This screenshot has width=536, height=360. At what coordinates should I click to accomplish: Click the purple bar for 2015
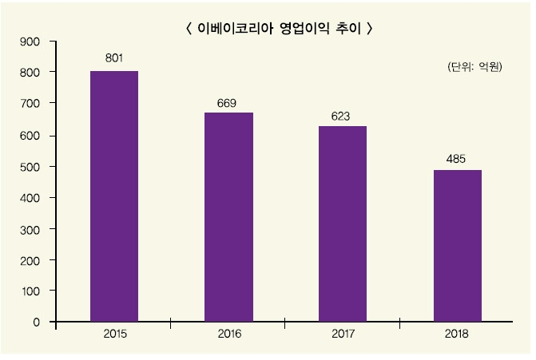114,196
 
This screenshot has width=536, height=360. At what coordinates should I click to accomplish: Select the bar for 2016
228,217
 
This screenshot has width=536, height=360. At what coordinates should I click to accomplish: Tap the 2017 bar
343,224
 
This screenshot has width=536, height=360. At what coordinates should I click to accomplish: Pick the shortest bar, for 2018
457,246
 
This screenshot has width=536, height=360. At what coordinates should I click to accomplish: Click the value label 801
114,57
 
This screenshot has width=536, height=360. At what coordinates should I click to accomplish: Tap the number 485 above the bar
456,158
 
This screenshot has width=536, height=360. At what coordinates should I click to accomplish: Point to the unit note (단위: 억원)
474,68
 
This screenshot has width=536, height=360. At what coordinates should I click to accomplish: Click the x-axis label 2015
115,333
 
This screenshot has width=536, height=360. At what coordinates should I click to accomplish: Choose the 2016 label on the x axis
229,333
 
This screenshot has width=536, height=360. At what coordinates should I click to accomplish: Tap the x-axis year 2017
343,333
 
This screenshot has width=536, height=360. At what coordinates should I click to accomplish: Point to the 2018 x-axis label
458,333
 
